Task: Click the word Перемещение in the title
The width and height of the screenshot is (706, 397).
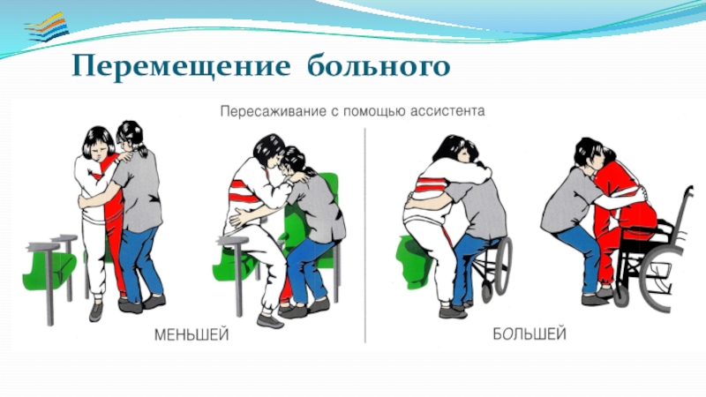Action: click(x=181, y=67)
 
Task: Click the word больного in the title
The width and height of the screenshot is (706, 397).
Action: click(x=379, y=65)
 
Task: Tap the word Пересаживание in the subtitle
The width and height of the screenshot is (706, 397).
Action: click(x=274, y=111)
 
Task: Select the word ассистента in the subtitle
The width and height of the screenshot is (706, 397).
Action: click(x=447, y=111)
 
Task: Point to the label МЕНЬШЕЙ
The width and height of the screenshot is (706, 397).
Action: click(x=192, y=335)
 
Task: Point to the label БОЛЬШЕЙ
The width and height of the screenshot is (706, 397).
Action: click(x=529, y=334)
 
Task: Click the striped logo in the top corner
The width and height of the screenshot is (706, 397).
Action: click(x=47, y=28)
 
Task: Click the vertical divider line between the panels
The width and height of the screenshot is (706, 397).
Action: click(x=365, y=235)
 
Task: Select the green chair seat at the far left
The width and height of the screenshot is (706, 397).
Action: click(x=49, y=268)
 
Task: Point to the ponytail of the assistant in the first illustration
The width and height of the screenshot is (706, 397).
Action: click(x=142, y=147)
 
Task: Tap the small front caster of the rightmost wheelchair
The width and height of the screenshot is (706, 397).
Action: click(x=620, y=296)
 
